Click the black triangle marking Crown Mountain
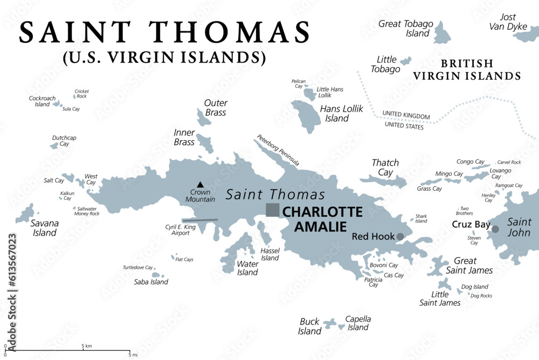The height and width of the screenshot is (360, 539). pyautogui.click(x=200, y=184)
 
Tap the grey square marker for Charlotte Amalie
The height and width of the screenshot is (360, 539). pyautogui.click(x=273, y=210)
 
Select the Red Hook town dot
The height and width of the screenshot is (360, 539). pyautogui.click(x=400, y=236)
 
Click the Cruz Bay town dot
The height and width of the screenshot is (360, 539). pyautogui.click(x=495, y=229)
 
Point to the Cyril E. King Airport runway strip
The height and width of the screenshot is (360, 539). pyautogui.click(x=199, y=220)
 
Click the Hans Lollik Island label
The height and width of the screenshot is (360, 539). pyautogui.click(x=342, y=113)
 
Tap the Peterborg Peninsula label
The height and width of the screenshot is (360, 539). pyautogui.click(x=278, y=150)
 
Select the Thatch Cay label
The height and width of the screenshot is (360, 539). pyautogui.click(x=385, y=167)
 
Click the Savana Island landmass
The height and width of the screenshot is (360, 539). pyautogui.click(x=25, y=214)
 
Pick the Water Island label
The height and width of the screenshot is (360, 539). pyautogui.click(x=247, y=268)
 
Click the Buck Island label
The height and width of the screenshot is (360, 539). pyautogui.click(x=310, y=326)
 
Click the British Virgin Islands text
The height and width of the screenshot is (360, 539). pyautogui.click(x=467, y=70)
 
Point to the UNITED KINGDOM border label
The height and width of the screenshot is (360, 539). pyautogui.click(x=406, y=116)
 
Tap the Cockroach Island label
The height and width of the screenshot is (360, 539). pyautogui.click(x=42, y=101)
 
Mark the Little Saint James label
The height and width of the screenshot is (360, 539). pyautogui.click(x=440, y=299)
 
